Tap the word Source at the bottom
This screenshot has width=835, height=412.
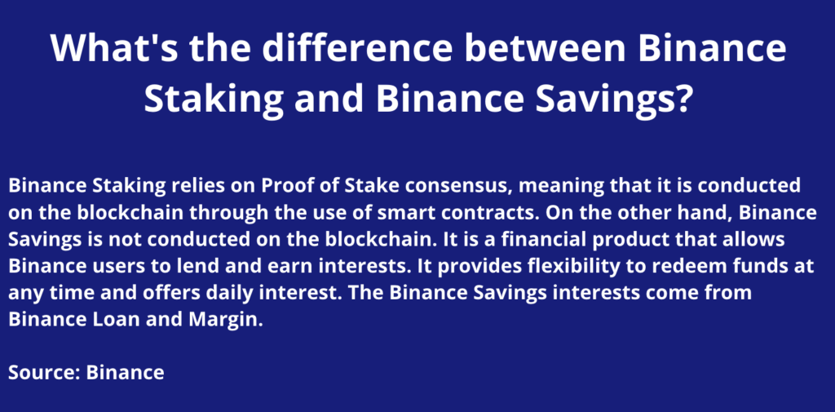tap(44, 373)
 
